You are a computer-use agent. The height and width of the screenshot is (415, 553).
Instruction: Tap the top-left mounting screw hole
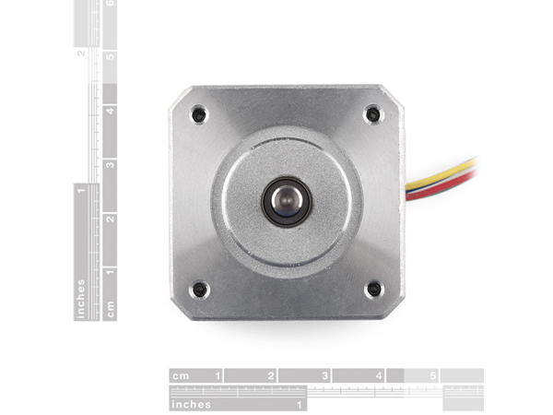[199, 115]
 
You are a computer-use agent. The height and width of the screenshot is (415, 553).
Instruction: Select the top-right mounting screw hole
[372, 114]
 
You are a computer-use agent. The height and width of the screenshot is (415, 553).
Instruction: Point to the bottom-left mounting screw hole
[199, 290]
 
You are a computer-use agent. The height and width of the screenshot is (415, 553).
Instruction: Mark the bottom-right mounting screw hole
[373, 289]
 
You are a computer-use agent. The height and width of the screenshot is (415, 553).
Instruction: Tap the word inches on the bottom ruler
[191, 404]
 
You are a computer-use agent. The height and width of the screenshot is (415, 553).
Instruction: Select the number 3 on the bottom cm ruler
[324, 376]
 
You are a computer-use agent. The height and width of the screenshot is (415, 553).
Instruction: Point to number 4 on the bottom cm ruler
[379, 376]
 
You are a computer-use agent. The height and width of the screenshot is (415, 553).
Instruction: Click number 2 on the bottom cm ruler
[271, 376]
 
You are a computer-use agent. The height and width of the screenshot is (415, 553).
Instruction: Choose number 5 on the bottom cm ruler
[433, 376]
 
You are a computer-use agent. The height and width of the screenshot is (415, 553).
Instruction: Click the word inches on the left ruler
[81, 299]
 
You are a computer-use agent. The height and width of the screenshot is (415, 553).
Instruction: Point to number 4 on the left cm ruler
[111, 111]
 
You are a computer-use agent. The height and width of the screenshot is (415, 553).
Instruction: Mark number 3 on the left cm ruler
[111, 164]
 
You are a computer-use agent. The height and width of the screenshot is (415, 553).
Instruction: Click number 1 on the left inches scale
[81, 191]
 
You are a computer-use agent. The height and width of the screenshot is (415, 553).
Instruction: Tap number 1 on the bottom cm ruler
[218, 376]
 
